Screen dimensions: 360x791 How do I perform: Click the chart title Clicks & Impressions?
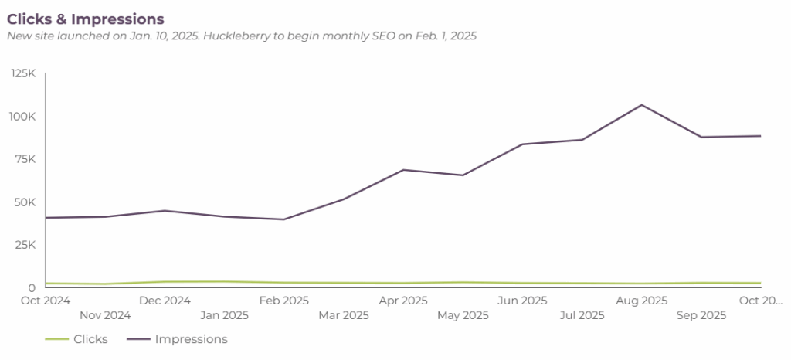[x=86, y=18]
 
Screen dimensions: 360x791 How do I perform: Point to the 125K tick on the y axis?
[x=24, y=73]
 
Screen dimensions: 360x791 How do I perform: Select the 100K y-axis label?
[x=24, y=117]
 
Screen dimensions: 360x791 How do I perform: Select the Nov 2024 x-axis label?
[x=106, y=315]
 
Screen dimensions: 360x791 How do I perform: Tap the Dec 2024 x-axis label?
[x=165, y=301]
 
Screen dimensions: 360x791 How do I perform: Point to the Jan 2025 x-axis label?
[x=225, y=315]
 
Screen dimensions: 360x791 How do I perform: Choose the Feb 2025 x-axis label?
[x=284, y=301]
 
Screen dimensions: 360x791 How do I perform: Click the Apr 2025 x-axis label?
[x=403, y=301]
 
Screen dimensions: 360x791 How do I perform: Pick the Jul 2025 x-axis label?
[x=582, y=315]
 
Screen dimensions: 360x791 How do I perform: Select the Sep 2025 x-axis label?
[x=701, y=315]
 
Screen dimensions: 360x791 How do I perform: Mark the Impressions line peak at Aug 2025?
[x=642, y=105]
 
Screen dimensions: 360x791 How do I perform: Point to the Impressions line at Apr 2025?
[x=404, y=170]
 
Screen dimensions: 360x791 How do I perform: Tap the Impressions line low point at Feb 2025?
[x=284, y=219]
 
